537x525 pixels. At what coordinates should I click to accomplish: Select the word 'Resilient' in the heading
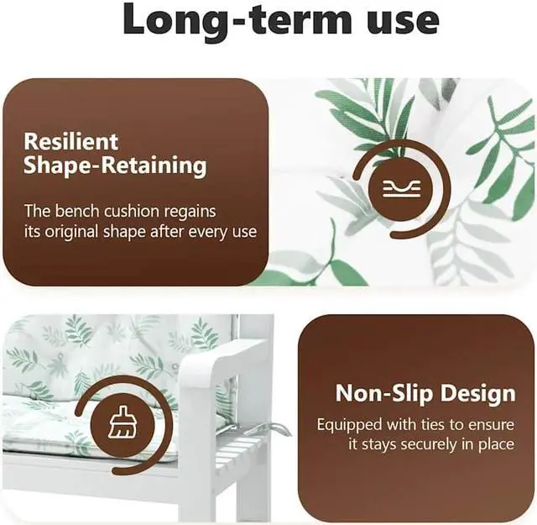(x=70, y=141)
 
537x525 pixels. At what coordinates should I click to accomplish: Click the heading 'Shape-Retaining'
(x=115, y=165)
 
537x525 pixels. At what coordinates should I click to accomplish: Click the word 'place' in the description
(x=494, y=445)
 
